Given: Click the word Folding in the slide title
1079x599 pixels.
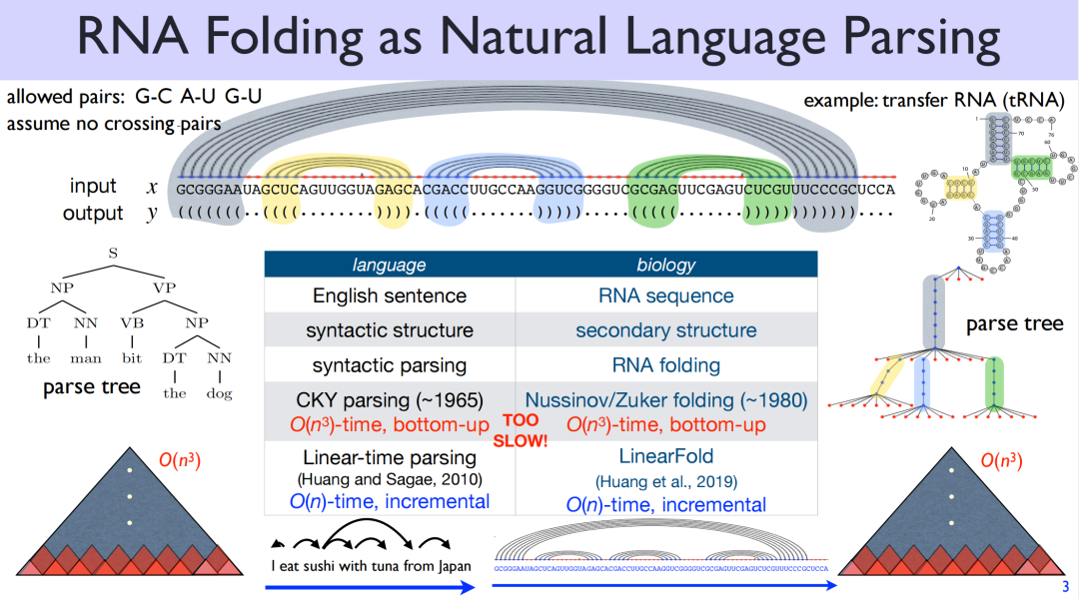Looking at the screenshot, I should [326, 38].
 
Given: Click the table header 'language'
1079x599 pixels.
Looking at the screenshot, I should [389, 265].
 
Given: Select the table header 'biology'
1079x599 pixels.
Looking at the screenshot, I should [665, 265].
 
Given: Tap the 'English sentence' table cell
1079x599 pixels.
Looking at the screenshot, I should [389, 296].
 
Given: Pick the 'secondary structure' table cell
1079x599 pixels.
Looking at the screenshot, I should [665, 329].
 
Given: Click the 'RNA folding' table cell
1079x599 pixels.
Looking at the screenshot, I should [665, 364].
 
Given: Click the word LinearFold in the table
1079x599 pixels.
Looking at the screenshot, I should [665, 456].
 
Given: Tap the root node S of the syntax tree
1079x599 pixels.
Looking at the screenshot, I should [113, 254].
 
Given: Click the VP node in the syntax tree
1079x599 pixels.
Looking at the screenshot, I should [165, 288].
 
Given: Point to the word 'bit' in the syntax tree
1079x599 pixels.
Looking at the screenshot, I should [132, 357].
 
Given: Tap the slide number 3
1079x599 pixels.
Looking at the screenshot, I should [1065, 587].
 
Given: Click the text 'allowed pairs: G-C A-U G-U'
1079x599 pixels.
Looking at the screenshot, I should [134, 98].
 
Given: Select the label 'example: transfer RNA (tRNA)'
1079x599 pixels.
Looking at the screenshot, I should [934, 100].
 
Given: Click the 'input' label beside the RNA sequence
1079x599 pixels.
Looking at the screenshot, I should [93, 187].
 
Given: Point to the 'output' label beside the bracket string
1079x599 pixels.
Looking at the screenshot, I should [93, 213].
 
